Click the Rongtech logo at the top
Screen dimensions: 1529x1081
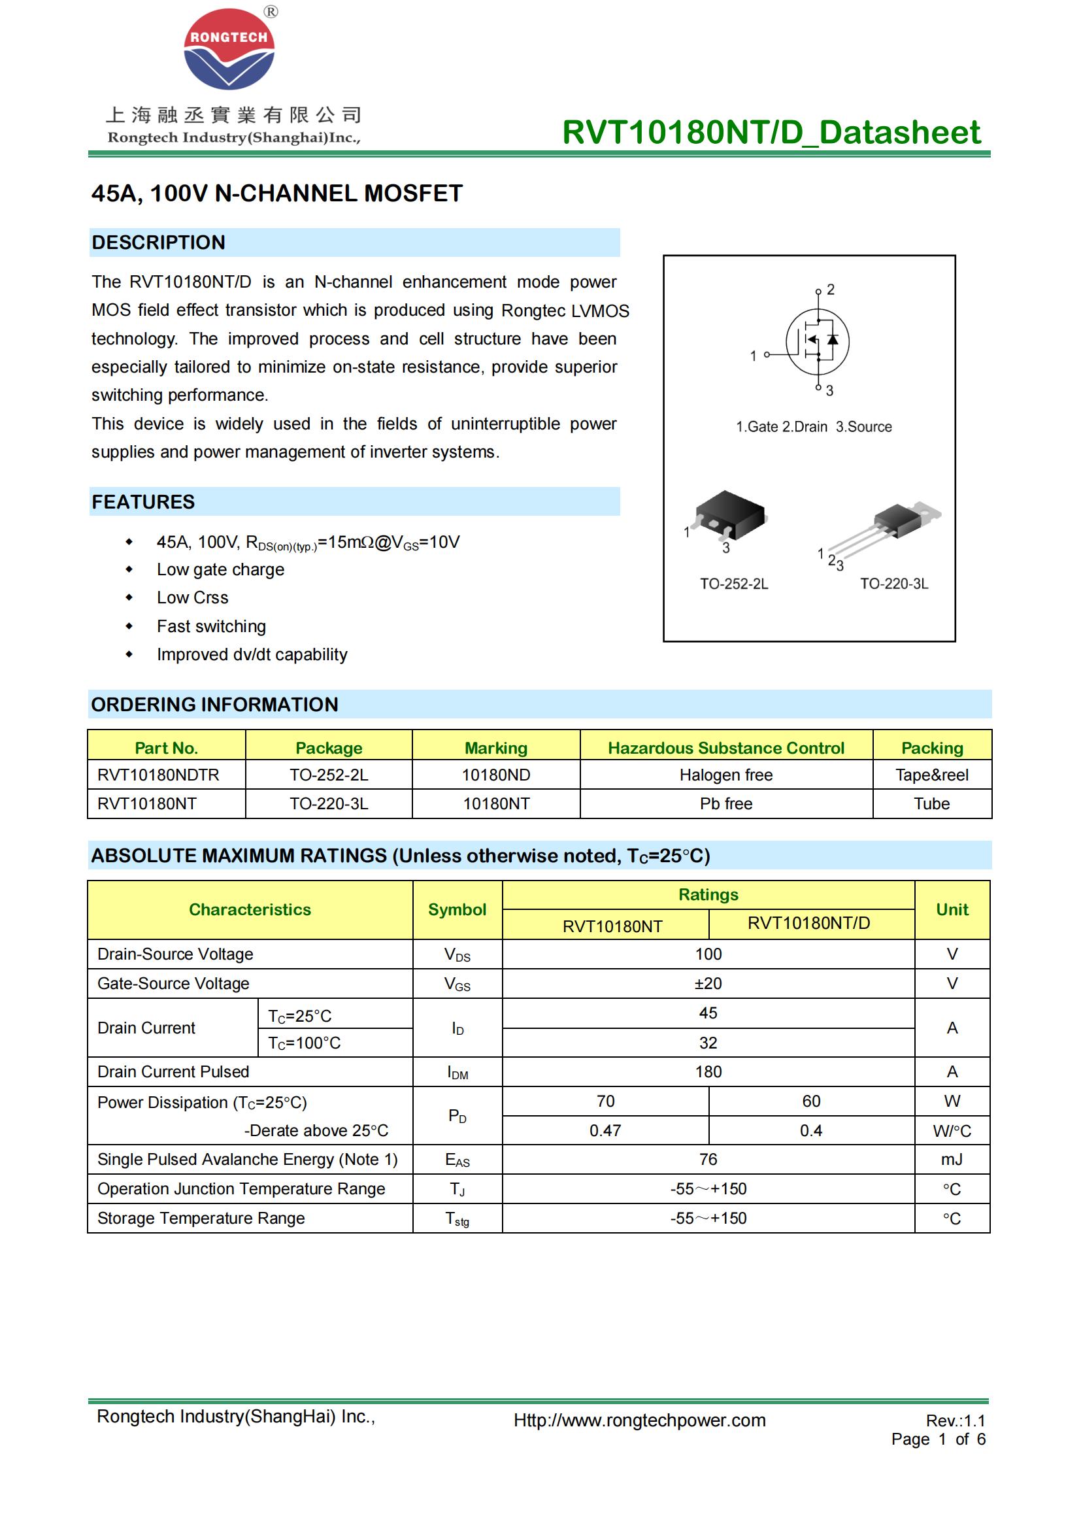pos(229,49)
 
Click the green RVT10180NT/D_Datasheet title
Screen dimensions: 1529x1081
pos(771,132)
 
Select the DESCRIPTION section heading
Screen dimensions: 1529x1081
pos(158,243)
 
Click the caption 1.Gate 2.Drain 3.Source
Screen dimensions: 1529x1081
pos(814,427)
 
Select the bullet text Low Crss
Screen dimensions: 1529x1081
pos(192,598)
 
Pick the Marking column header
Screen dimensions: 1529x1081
pos(496,748)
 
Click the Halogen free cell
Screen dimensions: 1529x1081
pos(725,775)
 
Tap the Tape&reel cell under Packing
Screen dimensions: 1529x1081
pos(931,775)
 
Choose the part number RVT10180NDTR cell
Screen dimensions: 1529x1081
pos(158,775)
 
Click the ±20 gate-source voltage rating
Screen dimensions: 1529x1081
pos(708,984)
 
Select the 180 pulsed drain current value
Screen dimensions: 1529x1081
pos(708,1071)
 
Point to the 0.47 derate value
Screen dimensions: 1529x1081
pos(605,1131)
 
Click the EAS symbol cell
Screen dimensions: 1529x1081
pos(457,1160)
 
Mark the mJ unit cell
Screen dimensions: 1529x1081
pos(951,1160)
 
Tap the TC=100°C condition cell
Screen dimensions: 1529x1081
pos(304,1043)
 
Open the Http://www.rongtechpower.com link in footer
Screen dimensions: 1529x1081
pos(639,1420)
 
